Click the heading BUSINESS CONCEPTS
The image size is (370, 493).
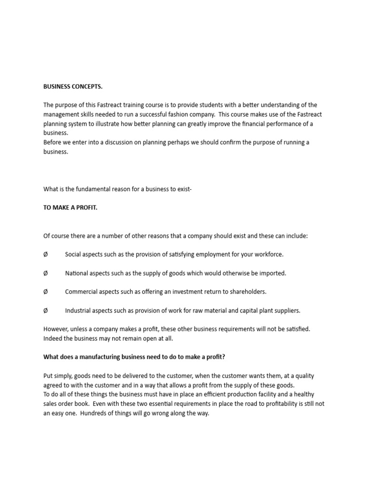tap(73, 87)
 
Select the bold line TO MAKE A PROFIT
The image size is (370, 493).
tap(70, 208)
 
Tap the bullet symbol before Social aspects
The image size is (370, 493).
tap(46, 255)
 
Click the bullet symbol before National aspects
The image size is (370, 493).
tap(46, 273)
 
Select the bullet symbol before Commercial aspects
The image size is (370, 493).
tap(46, 292)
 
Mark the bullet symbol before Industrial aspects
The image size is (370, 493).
tap(46, 311)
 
